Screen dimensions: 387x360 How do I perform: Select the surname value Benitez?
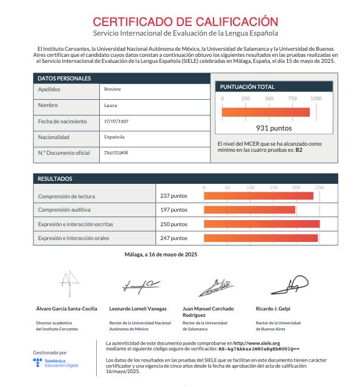pyautogui.click(x=113, y=89)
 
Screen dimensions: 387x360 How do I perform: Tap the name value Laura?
pyautogui.click(x=111, y=105)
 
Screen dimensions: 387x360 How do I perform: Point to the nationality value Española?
pyautogui.click(x=114, y=137)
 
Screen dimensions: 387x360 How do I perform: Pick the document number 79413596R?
pyautogui.click(x=116, y=152)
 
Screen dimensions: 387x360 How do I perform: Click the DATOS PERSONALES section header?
pyautogui.click(x=64, y=79)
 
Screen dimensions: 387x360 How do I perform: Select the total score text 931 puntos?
pyautogui.click(x=274, y=128)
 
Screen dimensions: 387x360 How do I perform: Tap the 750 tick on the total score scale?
pyautogui.click(x=292, y=98)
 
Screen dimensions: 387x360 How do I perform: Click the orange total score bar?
pyautogui.click(x=266, y=112)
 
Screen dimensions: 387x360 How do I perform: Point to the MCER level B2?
pyautogui.click(x=298, y=149)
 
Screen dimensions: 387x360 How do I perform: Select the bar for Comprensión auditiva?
pyautogui.click(x=250, y=210)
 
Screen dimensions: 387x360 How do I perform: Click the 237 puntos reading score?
pyautogui.click(x=174, y=196)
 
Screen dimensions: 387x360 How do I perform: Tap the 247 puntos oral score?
pyautogui.click(x=174, y=238)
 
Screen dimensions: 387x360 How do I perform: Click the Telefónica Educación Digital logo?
pyautogui.click(x=56, y=363)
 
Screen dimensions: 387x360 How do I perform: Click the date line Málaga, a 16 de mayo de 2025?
pyautogui.click(x=161, y=255)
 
